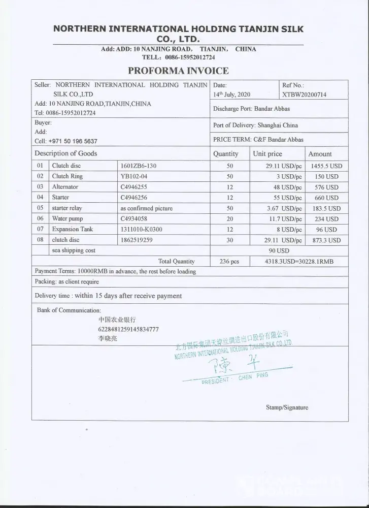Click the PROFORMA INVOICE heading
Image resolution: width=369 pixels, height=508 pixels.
(x=178, y=71)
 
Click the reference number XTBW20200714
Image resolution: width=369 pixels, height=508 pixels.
(x=304, y=94)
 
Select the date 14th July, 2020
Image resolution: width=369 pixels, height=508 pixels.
(x=231, y=94)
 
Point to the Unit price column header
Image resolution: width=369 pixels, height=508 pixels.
(x=267, y=154)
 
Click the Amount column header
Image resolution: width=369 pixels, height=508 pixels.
(x=320, y=154)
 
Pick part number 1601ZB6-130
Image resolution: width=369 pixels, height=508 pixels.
(x=139, y=166)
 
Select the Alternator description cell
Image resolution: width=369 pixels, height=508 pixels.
(x=65, y=187)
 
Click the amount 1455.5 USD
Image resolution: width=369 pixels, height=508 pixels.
(x=326, y=166)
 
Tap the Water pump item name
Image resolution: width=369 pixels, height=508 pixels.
(x=67, y=218)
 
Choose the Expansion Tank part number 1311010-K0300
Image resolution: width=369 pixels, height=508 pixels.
(x=142, y=229)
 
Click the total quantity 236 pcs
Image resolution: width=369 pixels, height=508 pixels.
(x=229, y=261)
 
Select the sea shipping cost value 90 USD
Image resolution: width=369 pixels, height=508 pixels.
(x=279, y=250)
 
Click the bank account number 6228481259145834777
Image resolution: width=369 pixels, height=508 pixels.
(x=128, y=329)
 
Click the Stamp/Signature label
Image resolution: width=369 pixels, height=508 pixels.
(x=287, y=407)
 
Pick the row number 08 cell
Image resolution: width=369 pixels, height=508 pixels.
(x=40, y=240)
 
